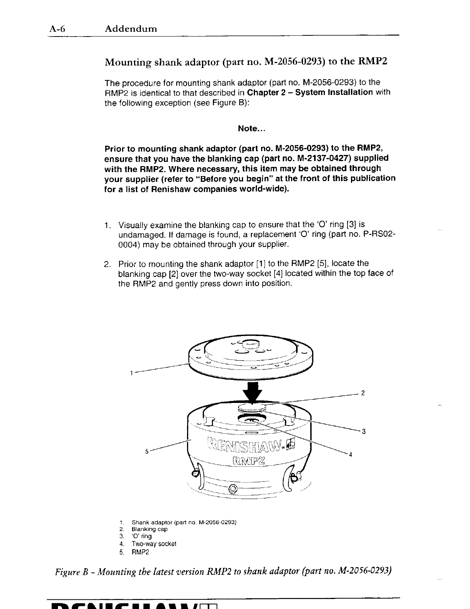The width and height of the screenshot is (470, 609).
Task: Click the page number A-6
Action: click(x=57, y=28)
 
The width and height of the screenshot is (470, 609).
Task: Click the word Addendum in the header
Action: click(x=131, y=28)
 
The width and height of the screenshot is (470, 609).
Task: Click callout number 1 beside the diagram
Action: click(x=131, y=373)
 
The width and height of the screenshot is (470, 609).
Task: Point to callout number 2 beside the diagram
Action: click(x=363, y=393)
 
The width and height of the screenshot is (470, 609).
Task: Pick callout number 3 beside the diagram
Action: click(x=363, y=431)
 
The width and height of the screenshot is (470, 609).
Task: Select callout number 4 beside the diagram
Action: click(x=350, y=455)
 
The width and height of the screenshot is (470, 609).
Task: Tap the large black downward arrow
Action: click(x=252, y=392)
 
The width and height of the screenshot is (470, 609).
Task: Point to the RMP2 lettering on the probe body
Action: click(x=252, y=461)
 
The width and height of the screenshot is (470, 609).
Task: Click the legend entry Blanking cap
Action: click(x=149, y=529)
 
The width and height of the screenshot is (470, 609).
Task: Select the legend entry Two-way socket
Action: click(x=154, y=544)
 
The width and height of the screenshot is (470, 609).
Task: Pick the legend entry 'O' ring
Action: click(x=142, y=536)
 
